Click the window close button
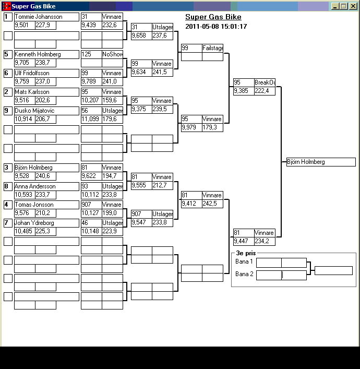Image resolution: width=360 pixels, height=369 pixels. coord(352,6)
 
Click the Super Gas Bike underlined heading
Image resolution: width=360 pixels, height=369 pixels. coord(213,17)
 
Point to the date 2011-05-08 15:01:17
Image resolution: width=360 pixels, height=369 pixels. coord(216,27)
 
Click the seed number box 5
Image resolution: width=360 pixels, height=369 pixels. coord(8,54)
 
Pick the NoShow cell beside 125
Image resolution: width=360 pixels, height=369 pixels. coord(112,54)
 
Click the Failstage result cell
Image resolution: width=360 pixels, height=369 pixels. coord(212,48)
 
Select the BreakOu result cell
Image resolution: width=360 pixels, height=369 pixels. coord(265,82)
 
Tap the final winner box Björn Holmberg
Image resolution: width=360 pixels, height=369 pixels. coord(321,162)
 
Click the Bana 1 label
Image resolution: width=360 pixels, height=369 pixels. coord(244,261)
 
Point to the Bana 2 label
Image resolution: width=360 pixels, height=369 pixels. coord(244,274)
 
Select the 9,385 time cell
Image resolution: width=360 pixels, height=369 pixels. coord(243,91)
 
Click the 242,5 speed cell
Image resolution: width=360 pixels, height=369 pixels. coord(212,204)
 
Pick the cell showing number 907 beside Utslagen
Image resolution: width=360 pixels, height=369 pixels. coord(141,214)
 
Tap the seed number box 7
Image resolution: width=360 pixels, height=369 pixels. coord(8,223)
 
